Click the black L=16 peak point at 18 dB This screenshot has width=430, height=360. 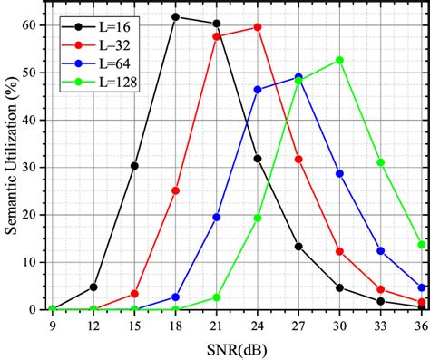176,16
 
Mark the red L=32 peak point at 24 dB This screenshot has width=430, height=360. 258,27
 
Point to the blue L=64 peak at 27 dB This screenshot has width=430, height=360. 298,77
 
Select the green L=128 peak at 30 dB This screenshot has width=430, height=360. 339,60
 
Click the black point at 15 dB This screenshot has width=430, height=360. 134,166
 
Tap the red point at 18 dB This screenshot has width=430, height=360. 176,190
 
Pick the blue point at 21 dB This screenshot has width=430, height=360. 217,217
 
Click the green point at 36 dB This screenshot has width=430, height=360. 422,244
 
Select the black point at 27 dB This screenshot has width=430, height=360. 298,246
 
